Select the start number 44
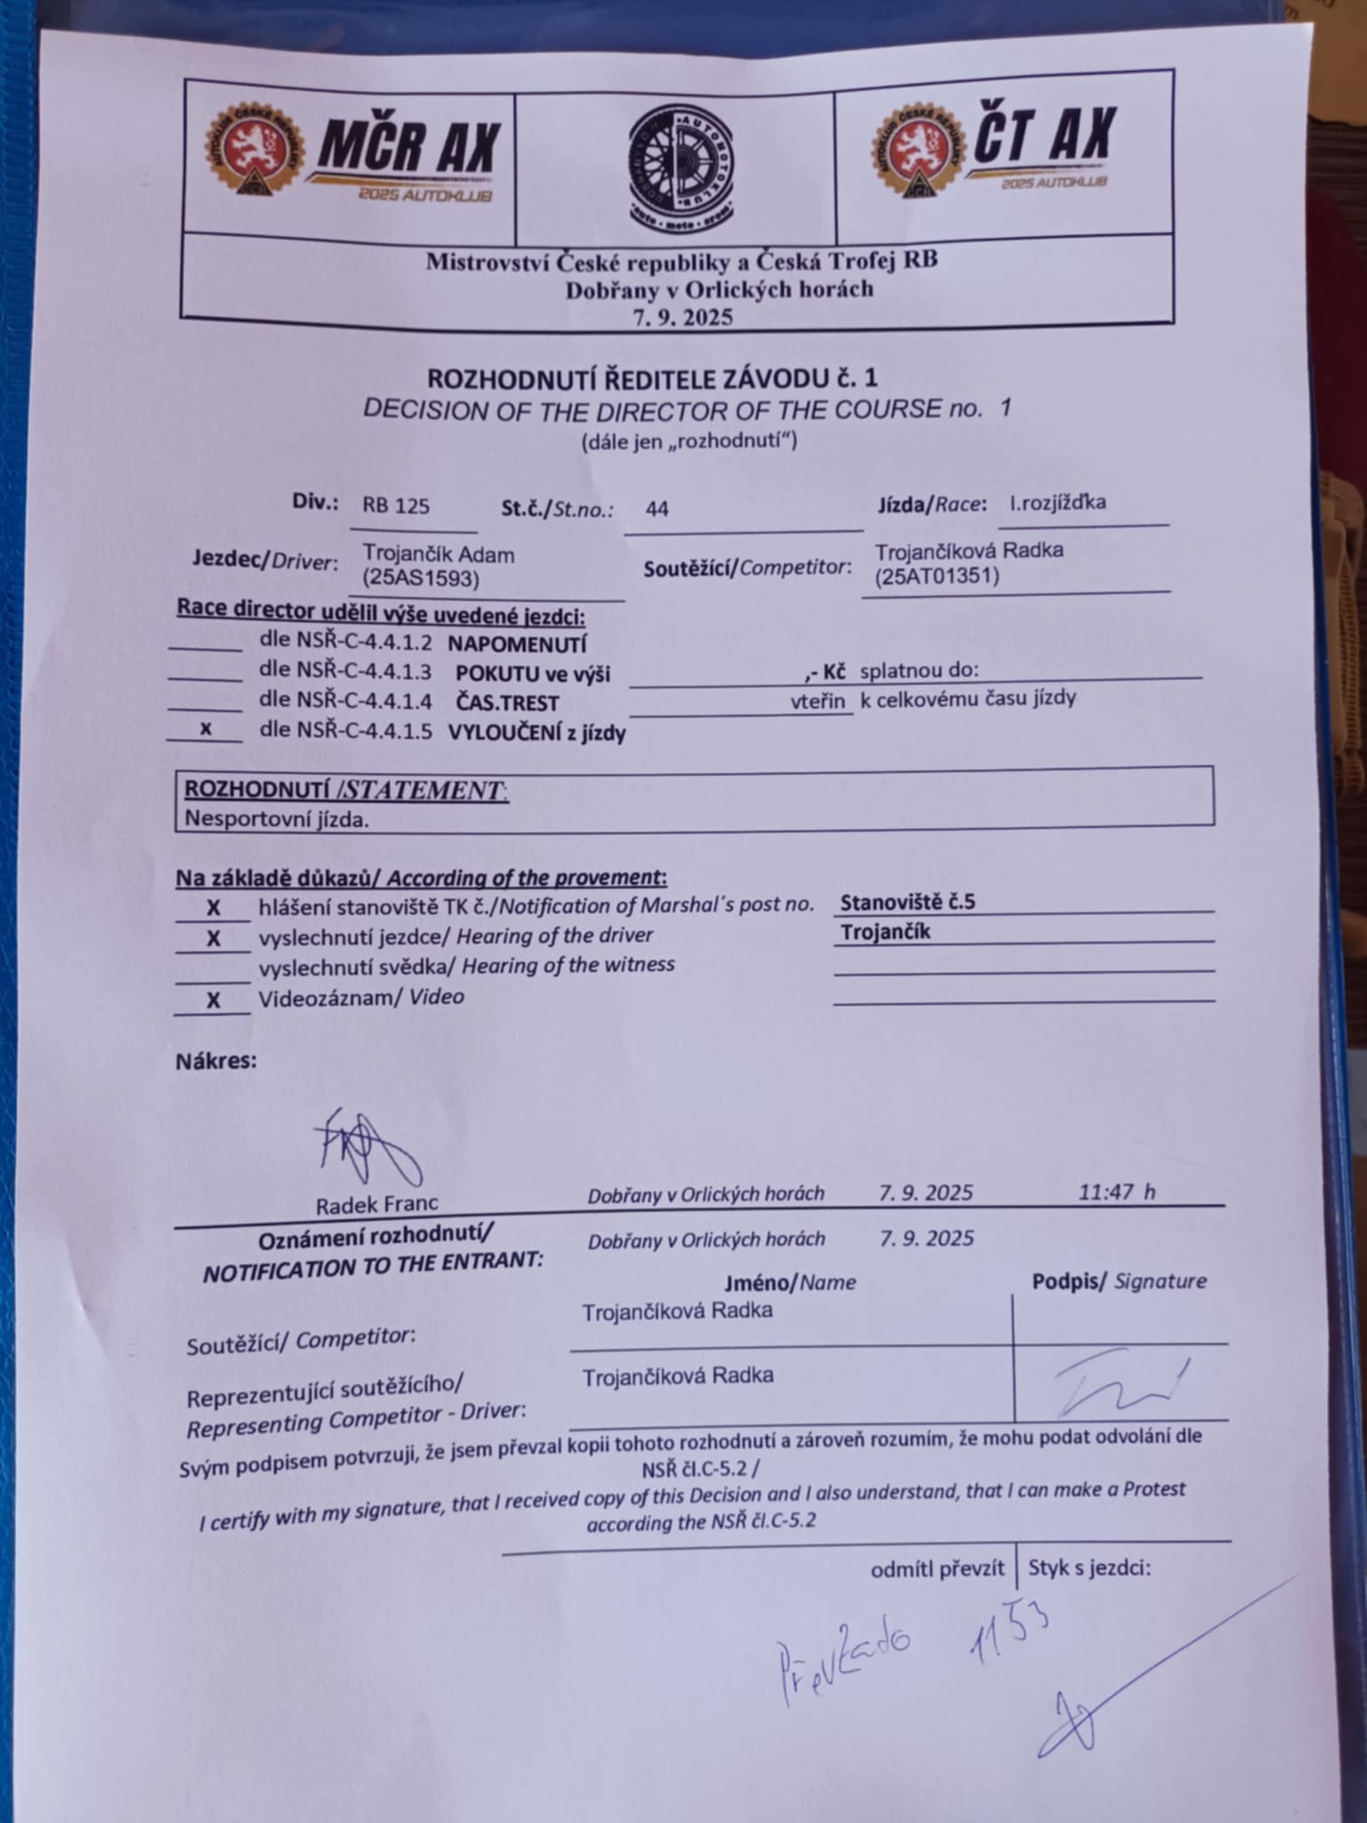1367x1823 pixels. click(x=657, y=509)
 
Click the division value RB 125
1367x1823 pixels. click(x=395, y=506)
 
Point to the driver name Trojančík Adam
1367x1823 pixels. click(x=438, y=555)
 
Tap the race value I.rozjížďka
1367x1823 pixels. click(x=1057, y=502)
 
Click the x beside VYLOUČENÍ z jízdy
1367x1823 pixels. click(x=206, y=728)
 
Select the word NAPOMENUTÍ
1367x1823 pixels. click(x=516, y=644)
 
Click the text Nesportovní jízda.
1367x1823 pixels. click(x=276, y=820)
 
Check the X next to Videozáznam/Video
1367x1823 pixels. click(x=213, y=1001)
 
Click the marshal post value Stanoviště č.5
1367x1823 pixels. click(x=907, y=902)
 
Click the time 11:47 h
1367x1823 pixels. click(x=1116, y=1192)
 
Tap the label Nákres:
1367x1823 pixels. click(x=215, y=1061)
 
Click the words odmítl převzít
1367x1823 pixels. click(x=937, y=1569)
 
